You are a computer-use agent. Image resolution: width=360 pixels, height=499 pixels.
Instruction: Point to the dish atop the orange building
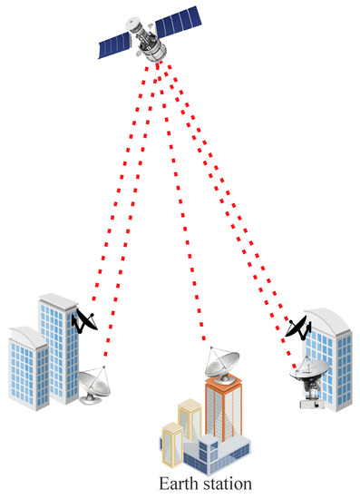click(x=220, y=364)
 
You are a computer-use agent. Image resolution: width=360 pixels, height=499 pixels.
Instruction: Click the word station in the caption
click(x=226, y=484)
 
